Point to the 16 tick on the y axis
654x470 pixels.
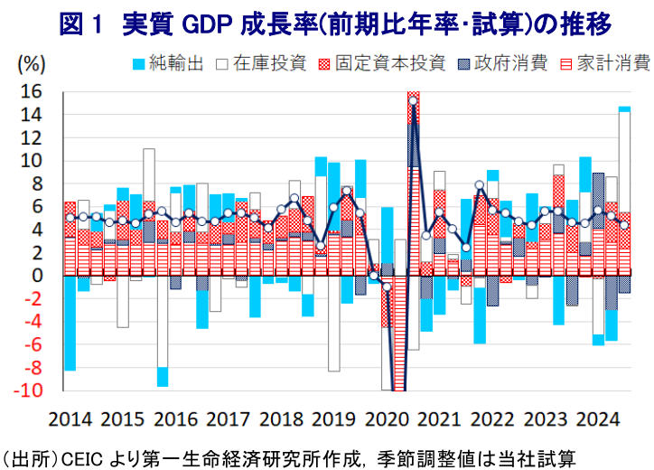[x=31, y=92]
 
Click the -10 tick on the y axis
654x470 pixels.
[x=27, y=391]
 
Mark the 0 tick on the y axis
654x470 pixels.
[x=36, y=276]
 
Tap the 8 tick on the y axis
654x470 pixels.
[x=36, y=184]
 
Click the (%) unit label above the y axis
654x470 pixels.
[x=31, y=64]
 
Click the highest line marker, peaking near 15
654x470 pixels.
[x=413, y=101]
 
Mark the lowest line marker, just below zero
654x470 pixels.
[x=387, y=287]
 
